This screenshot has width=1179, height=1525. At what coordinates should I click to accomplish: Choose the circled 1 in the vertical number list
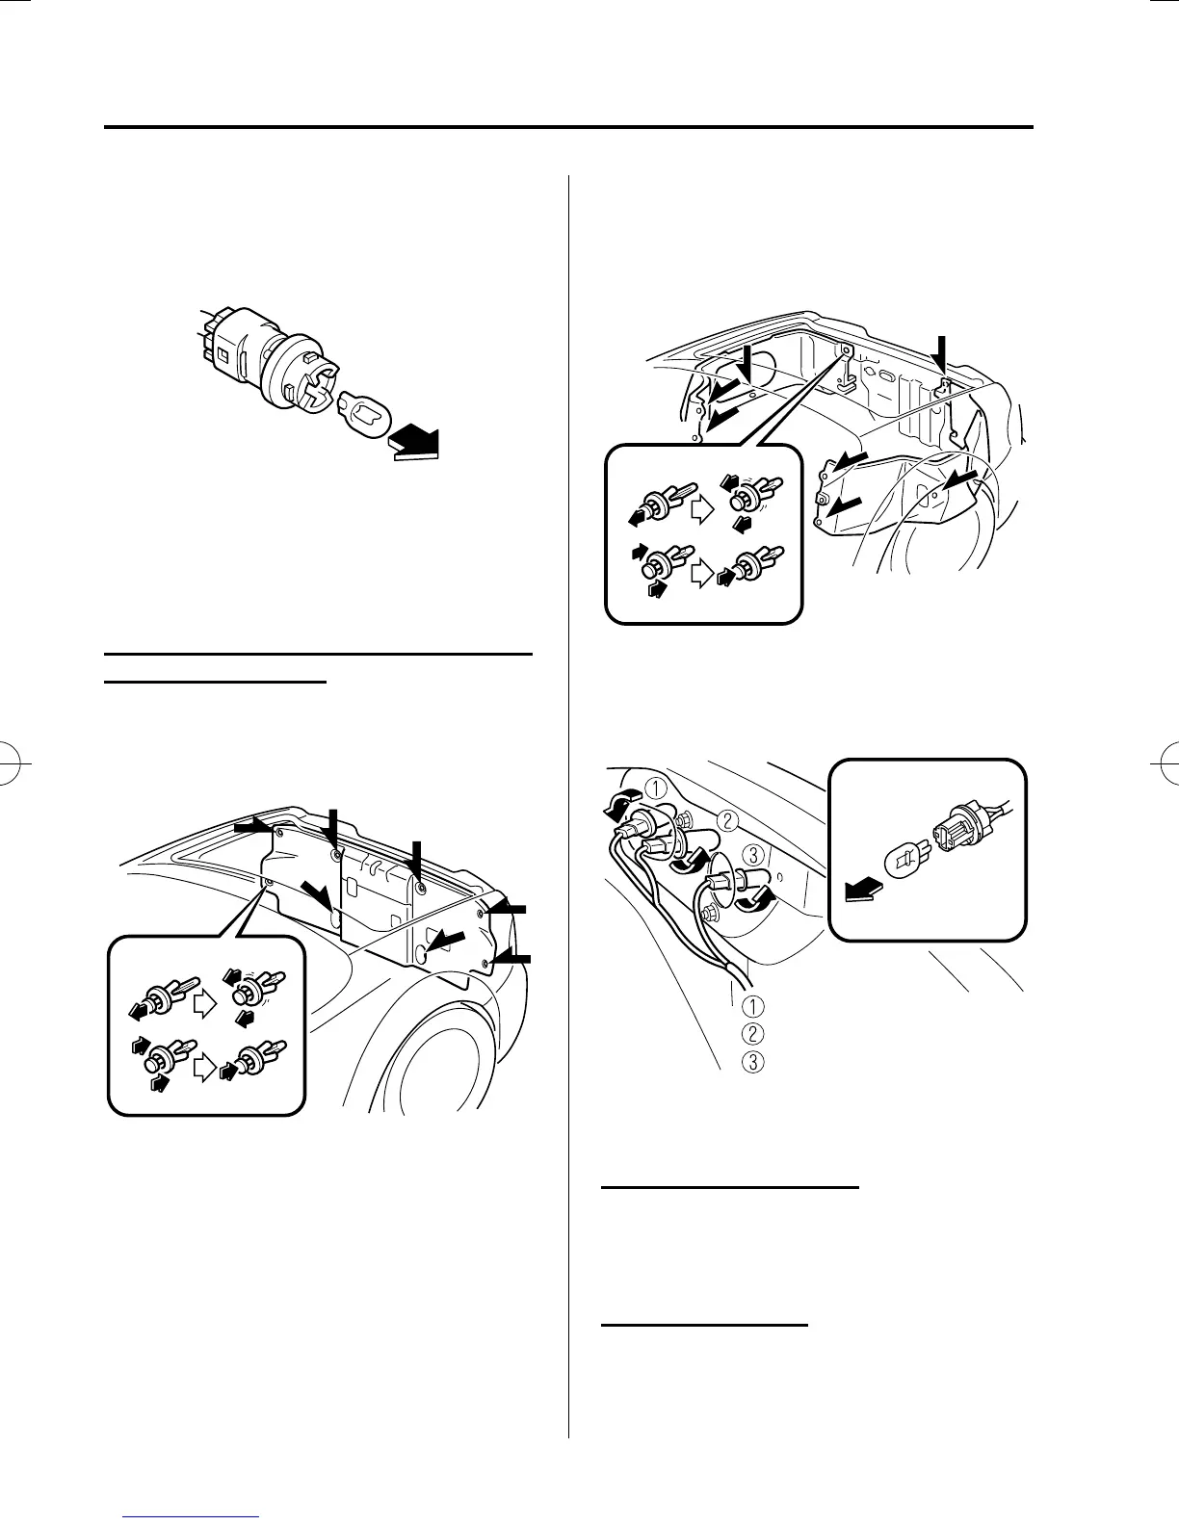pyautogui.click(x=754, y=1006)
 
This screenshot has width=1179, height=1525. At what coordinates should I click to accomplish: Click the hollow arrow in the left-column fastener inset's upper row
pyautogui.click(x=204, y=1004)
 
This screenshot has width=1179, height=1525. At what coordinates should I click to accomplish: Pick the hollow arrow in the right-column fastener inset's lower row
pyautogui.click(x=700, y=574)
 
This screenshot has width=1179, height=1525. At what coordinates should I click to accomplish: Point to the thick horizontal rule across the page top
pyautogui.click(x=568, y=127)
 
